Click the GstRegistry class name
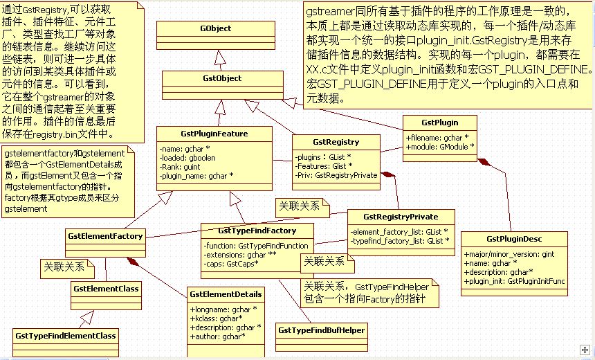[x=336, y=142]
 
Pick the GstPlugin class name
[x=440, y=123]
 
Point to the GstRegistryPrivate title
[x=401, y=216]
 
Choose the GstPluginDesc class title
[x=513, y=239]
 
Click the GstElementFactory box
[x=105, y=236]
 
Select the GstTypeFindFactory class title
[x=257, y=230]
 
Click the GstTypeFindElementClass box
[x=66, y=336]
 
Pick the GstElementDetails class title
[x=226, y=294]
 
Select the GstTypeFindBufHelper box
[x=322, y=330]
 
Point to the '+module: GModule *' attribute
[x=440, y=146]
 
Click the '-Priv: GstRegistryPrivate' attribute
[x=336, y=175]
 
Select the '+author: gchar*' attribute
[x=217, y=336]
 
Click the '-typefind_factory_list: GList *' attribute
[x=400, y=240]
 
